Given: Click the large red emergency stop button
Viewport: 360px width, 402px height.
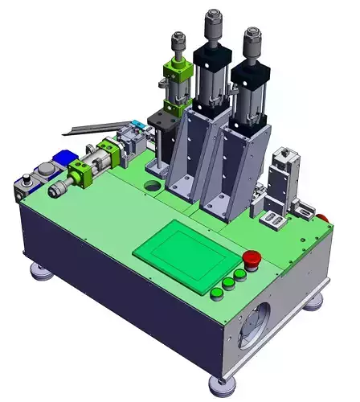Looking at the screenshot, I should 251,259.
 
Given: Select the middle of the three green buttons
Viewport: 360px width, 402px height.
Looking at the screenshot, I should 228,282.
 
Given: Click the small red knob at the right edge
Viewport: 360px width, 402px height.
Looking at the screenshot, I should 325,217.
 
